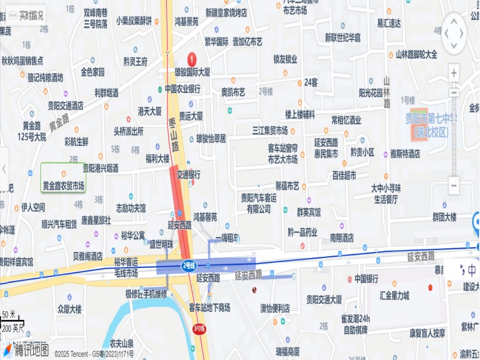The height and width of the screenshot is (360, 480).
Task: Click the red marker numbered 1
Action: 192,59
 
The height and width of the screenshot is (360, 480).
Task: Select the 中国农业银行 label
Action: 183,89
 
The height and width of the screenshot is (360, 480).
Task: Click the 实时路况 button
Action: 26,15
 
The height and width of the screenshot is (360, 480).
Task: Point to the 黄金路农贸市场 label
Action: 63,187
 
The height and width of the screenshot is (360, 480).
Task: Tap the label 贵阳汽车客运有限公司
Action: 259,203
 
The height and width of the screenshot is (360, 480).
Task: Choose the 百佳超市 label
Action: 344,176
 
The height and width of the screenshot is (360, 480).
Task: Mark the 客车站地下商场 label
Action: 209,308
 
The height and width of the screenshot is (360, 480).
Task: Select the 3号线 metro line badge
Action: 199,328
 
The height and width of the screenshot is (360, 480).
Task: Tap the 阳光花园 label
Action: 370,92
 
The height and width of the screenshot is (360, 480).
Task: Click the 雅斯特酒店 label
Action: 405,154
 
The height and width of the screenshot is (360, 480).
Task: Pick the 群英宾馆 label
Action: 308,212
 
